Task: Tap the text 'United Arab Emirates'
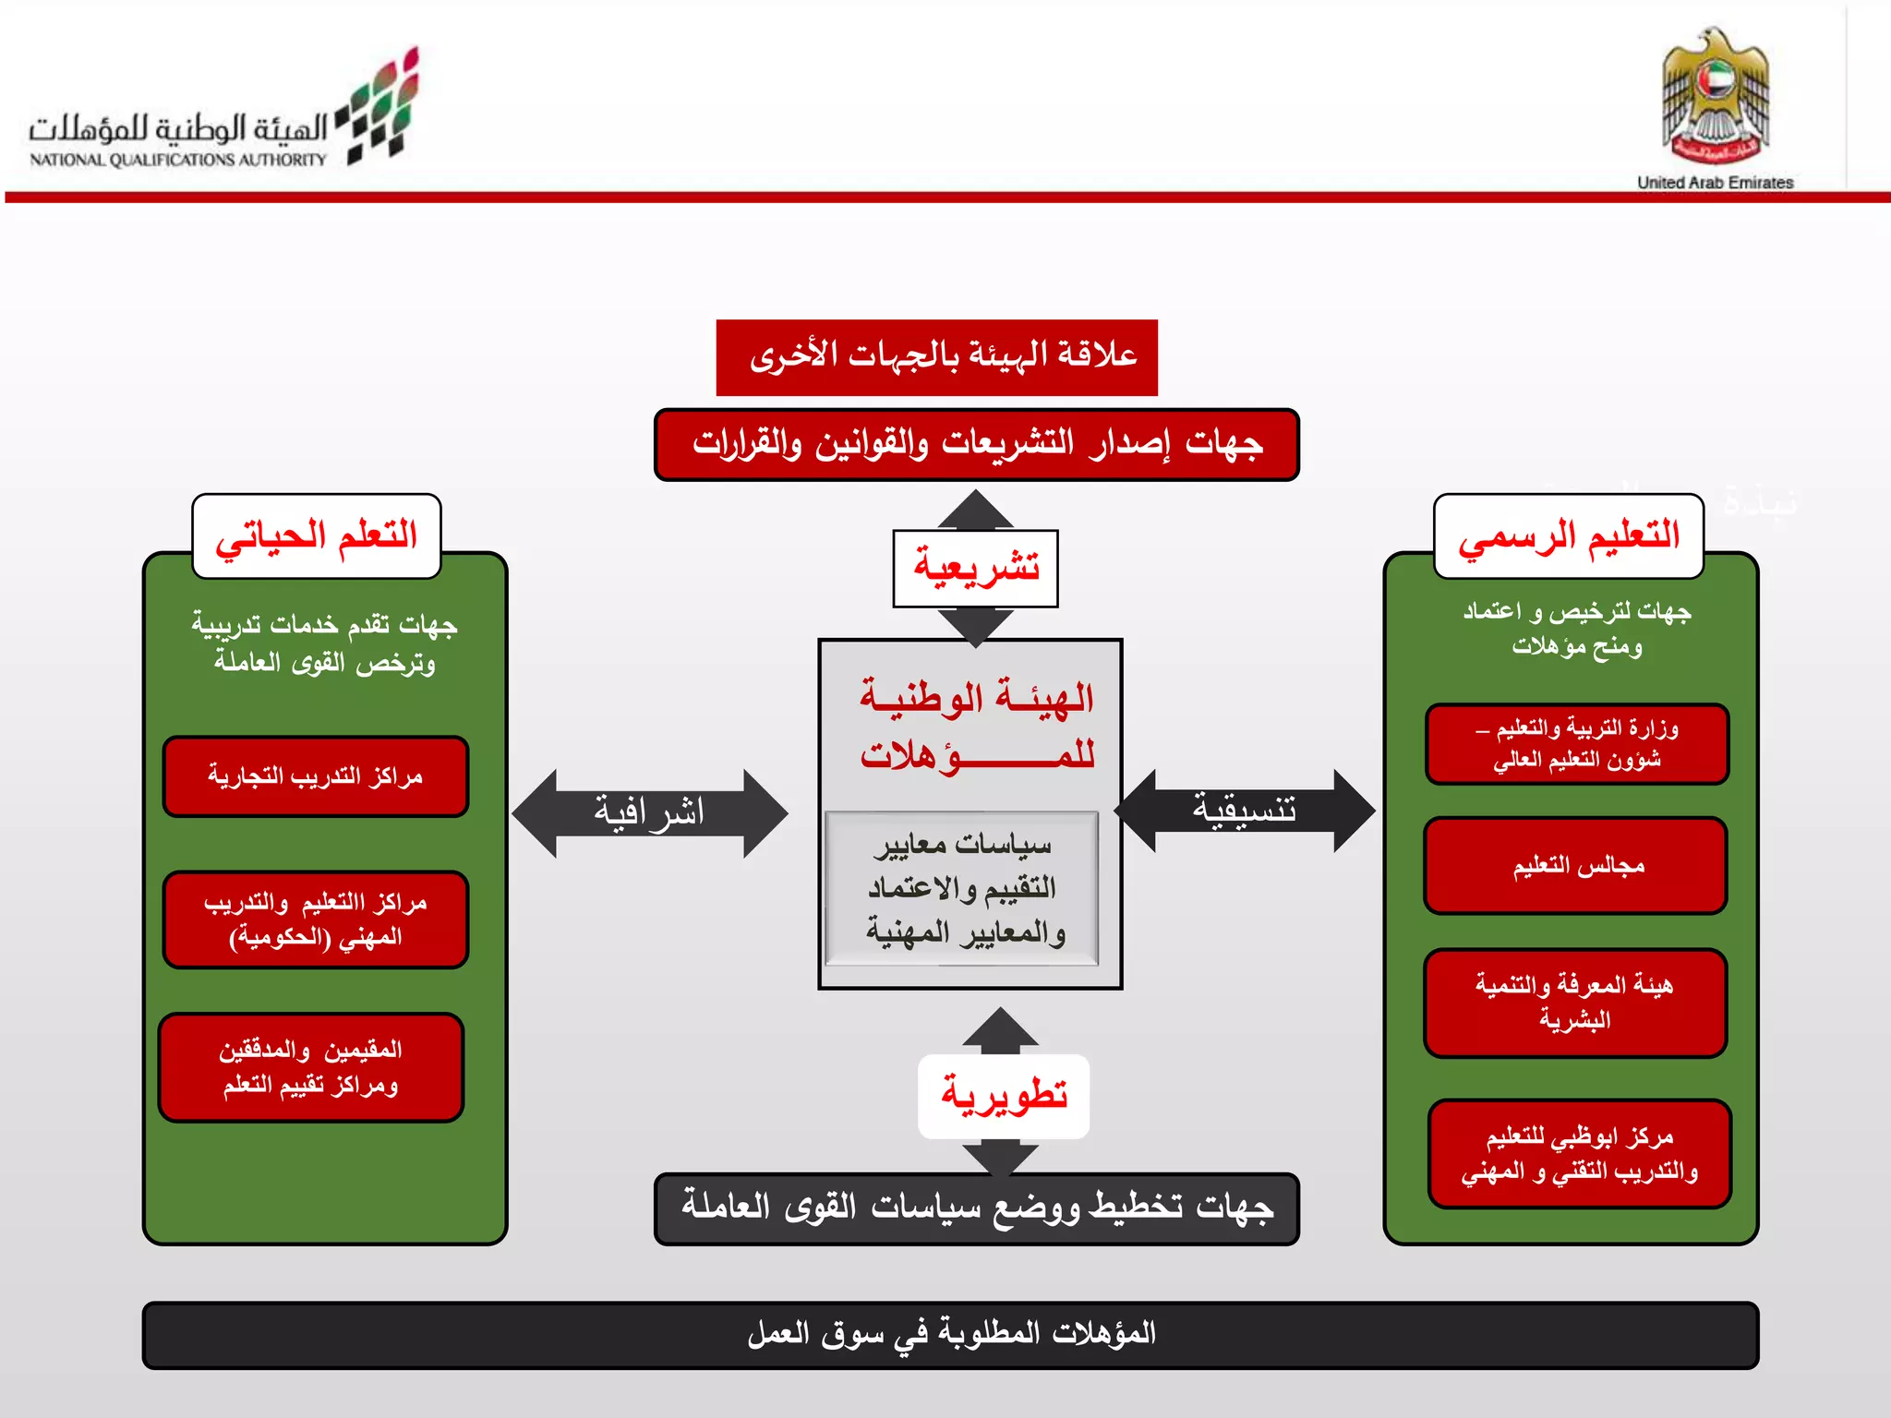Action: coord(1715,182)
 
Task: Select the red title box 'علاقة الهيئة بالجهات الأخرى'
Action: coord(936,357)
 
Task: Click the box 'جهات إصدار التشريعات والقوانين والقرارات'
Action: coord(976,445)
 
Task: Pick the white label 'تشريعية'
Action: coord(975,568)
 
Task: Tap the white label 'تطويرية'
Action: coord(1004,1096)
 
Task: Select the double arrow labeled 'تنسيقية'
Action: coord(1245,810)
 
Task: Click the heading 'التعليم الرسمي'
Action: coord(1568,536)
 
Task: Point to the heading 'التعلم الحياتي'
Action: coord(317,536)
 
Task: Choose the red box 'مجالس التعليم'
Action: coord(1575,866)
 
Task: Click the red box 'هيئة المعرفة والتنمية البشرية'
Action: coord(1575,1003)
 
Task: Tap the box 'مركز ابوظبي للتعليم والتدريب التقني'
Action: coord(1579,1154)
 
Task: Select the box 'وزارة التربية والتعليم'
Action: coord(1577,744)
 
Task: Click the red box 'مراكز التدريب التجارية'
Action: coord(316,776)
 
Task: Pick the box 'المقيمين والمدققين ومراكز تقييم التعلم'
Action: coord(311,1067)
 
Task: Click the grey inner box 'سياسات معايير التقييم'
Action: coord(961,888)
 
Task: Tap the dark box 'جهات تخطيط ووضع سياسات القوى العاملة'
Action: coord(976,1208)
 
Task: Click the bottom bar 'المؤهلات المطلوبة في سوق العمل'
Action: coord(950,1335)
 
